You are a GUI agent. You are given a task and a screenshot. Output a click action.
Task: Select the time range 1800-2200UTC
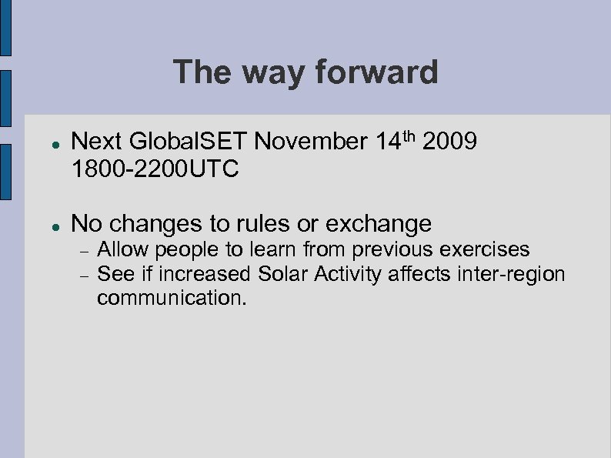tap(155, 168)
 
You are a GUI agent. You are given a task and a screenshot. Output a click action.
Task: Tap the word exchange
tap(379, 223)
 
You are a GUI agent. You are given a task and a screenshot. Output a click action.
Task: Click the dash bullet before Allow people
tap(83, 250)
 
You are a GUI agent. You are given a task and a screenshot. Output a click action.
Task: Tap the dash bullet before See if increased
tap(83, 274)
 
